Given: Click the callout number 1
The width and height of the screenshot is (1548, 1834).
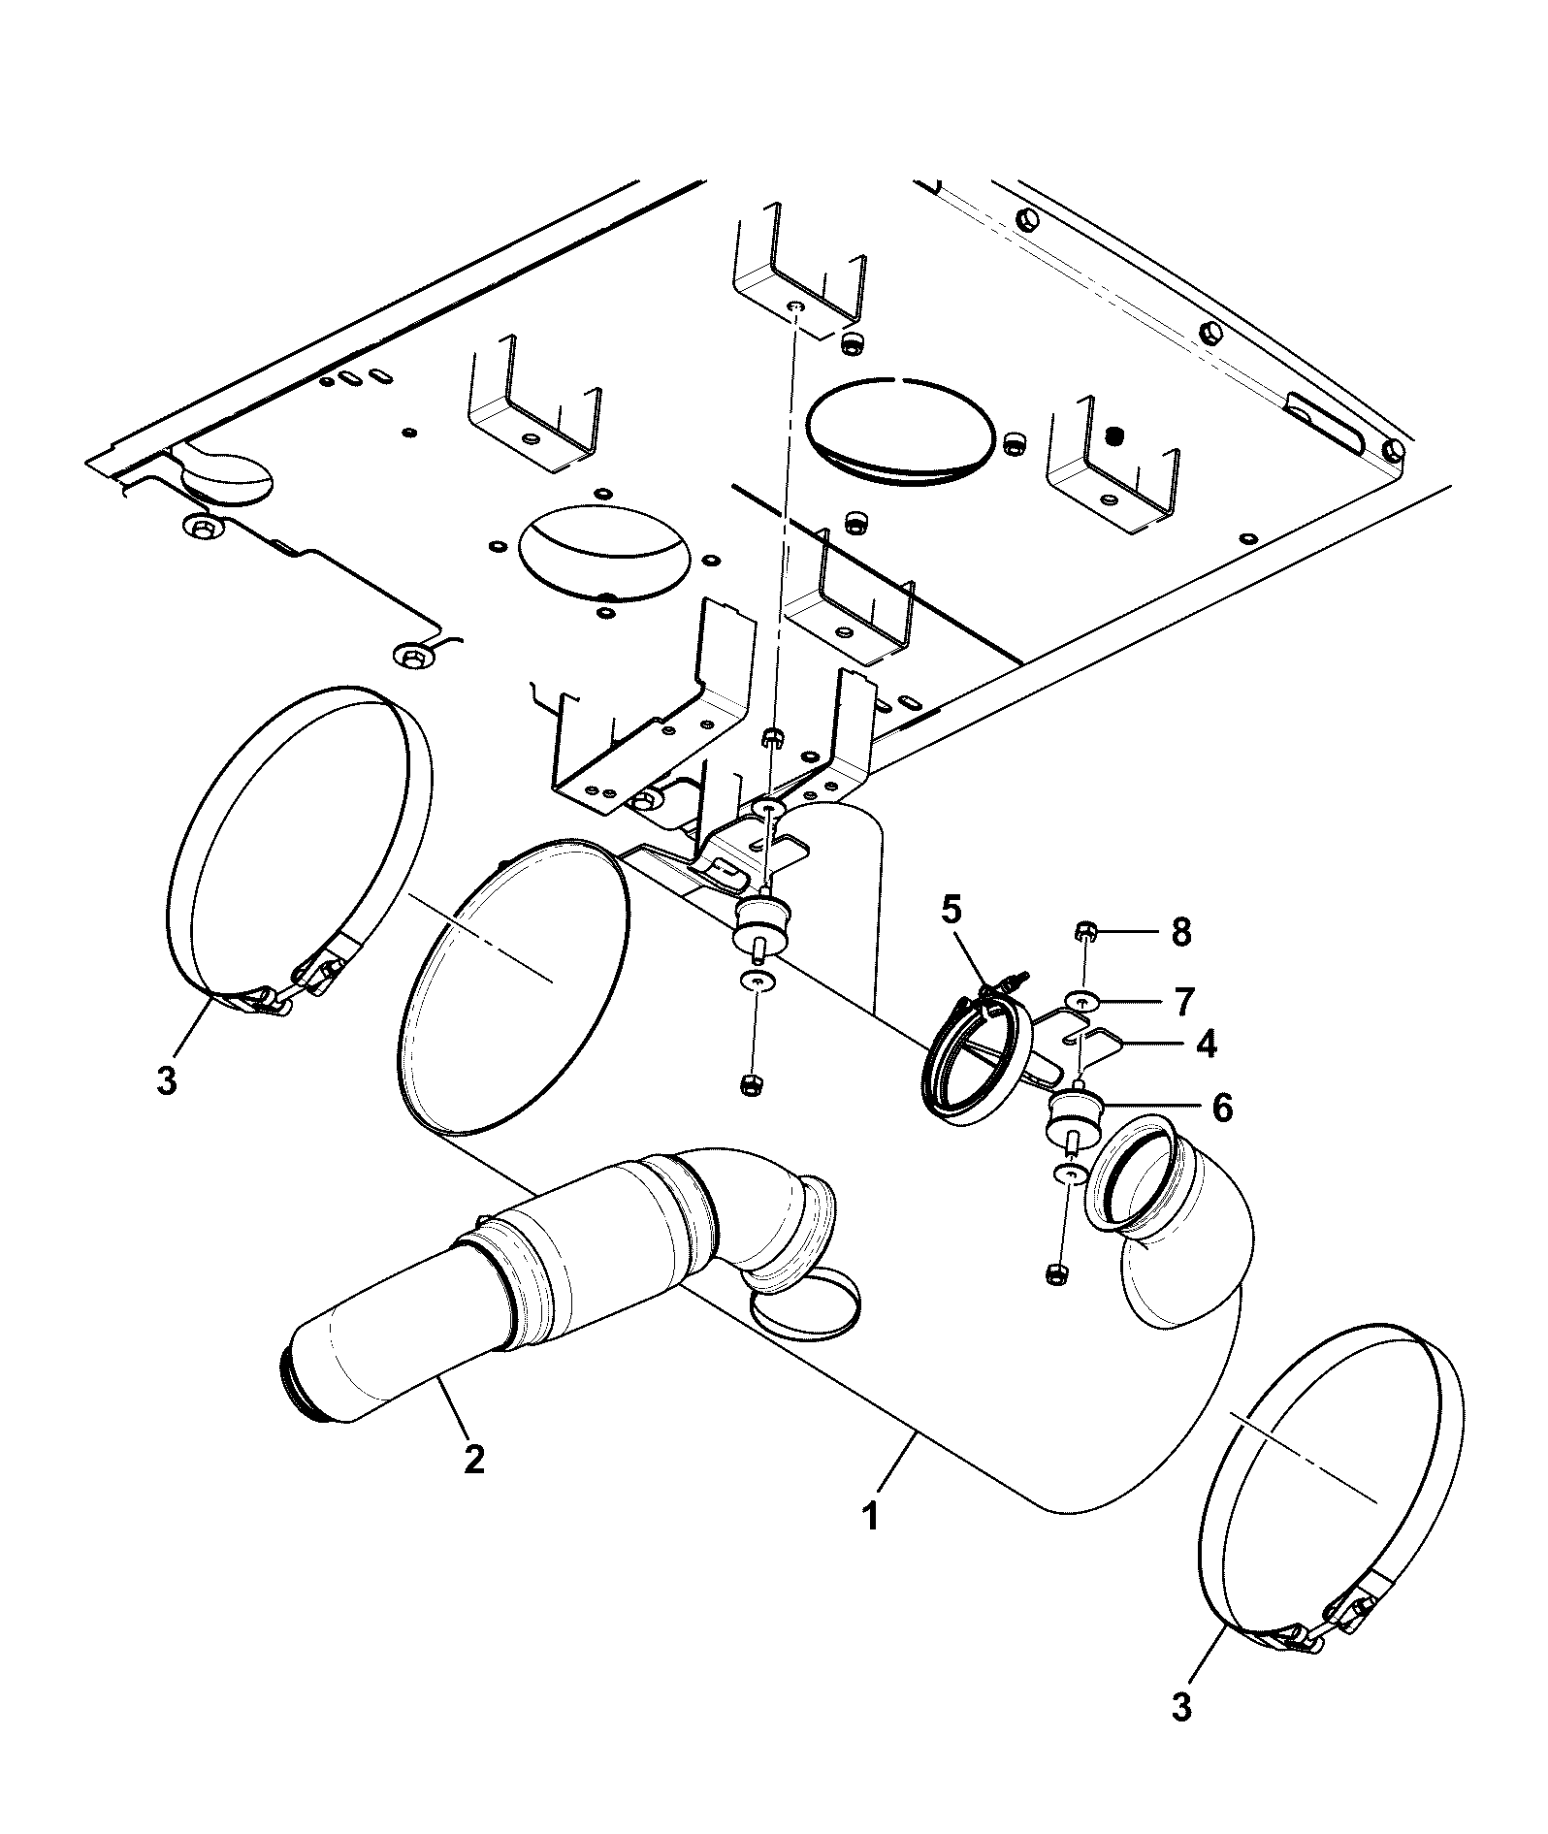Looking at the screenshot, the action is tap(871, 1542).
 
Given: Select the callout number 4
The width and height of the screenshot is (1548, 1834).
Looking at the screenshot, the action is tap(1205, 1043).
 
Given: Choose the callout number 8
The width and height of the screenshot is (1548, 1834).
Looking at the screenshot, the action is tap(1180, 933).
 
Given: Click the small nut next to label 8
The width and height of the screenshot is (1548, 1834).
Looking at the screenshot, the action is tap(1083, 934).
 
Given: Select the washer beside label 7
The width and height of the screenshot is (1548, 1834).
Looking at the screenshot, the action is tap(1081, 999).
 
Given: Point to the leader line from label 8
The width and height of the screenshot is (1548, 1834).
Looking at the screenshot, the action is tap(1127, 933).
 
